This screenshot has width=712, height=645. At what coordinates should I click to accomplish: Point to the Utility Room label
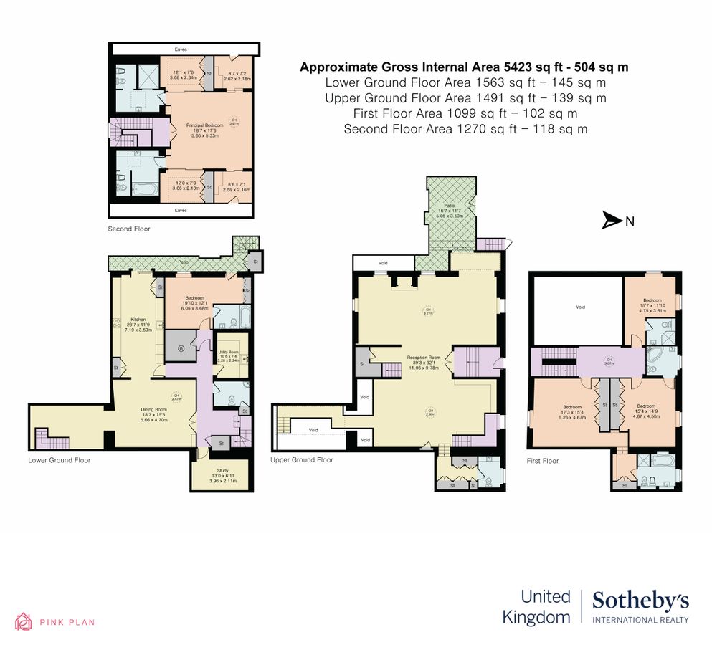tap(229, 352)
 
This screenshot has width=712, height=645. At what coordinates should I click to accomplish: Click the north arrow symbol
tap(612, 221)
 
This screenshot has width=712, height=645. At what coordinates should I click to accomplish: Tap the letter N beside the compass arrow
tap(630, 221)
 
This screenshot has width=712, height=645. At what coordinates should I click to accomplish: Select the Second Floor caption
tap(129, 229)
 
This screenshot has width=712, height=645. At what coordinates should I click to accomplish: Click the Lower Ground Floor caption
tap(60, 460)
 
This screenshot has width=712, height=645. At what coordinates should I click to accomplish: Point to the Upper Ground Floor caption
tap(302, 460)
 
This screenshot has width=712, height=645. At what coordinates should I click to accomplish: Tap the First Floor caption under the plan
tap(543, 461)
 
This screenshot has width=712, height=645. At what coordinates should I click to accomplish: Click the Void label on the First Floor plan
tap(580, 307)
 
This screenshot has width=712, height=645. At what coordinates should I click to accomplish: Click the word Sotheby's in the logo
tap(640, 601)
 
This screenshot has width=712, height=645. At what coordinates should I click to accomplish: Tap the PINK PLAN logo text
tap(67, 622)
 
